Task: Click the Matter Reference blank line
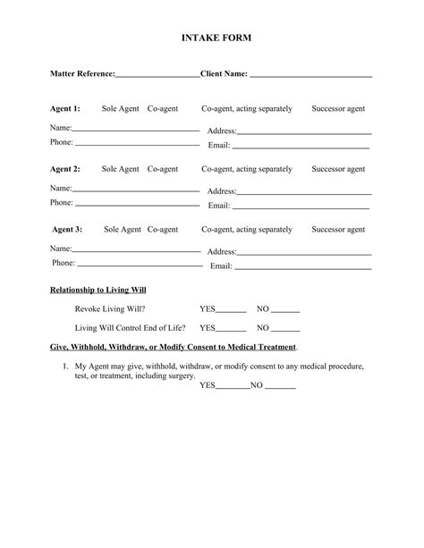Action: pos(157,75)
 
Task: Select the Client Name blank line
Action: pos(310,75)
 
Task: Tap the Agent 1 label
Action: pos(64,109)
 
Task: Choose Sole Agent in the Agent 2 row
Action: pos(120,169)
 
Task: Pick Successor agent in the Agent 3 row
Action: pos(338,230)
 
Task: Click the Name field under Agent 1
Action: pos(136,130)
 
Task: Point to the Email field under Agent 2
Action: pos(301,207)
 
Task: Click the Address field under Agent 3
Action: pos(304,252)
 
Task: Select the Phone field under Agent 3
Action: pos(140,265)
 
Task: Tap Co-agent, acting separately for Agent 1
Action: pos(247,109)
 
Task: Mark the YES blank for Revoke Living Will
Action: pos(231,310)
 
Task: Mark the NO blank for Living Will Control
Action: pos(285,328)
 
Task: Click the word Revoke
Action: pos(88,308)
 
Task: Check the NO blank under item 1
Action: pos(280,388)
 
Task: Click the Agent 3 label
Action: pos(67,230)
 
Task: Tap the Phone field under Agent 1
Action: pos(137,143)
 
